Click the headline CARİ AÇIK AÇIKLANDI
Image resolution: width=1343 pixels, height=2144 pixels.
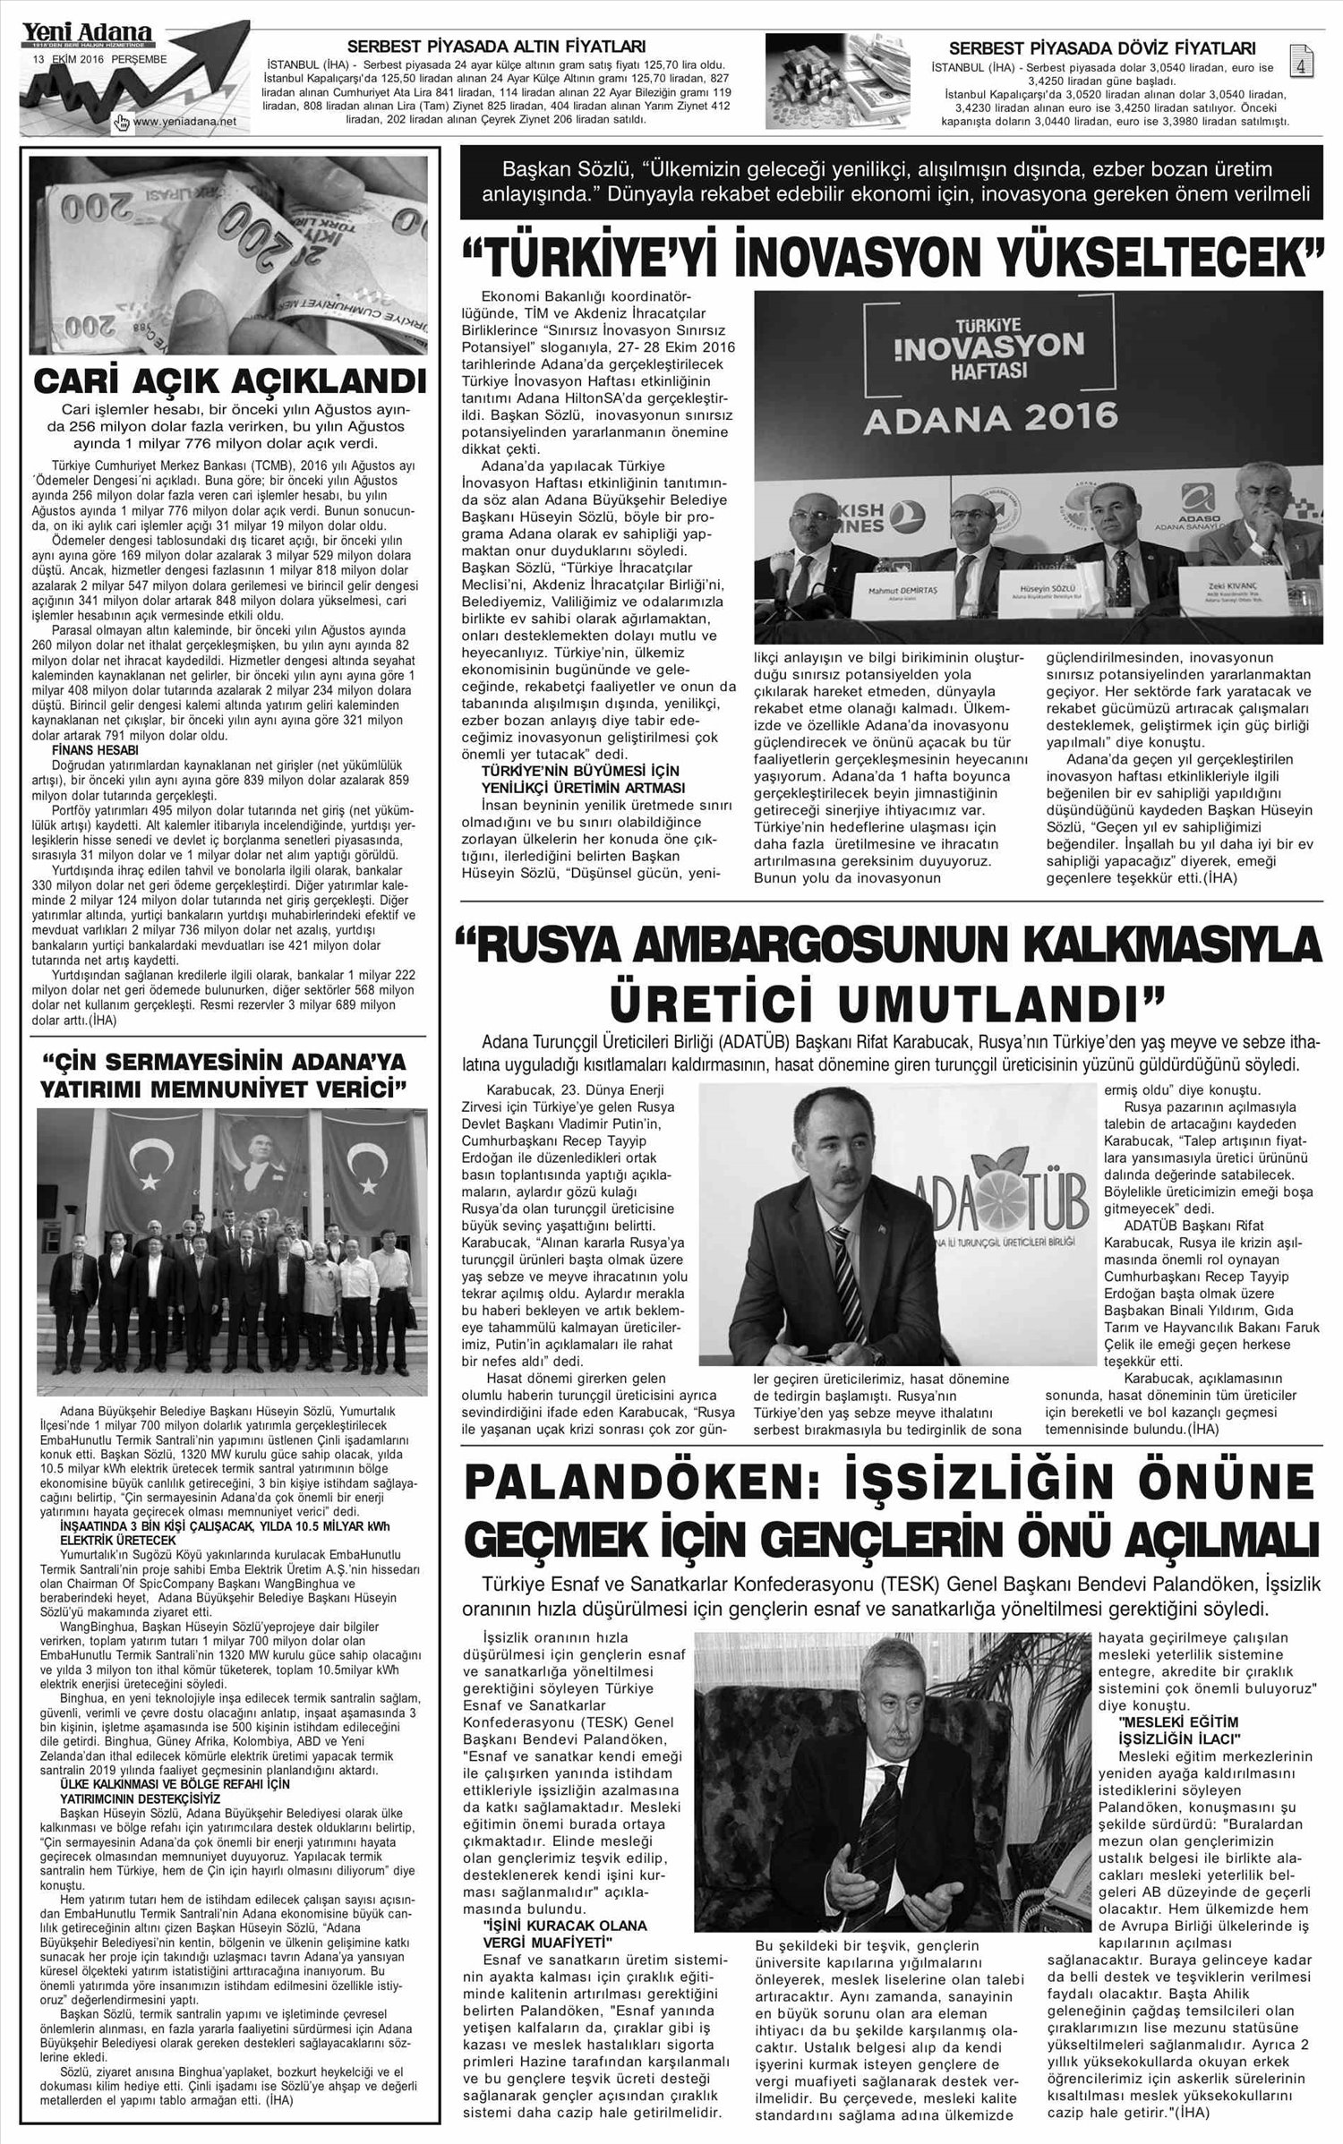pyautogui.click(x=228, y=383)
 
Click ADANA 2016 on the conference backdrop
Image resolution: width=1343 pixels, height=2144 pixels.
pyautogui.click(x=990, y=415)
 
